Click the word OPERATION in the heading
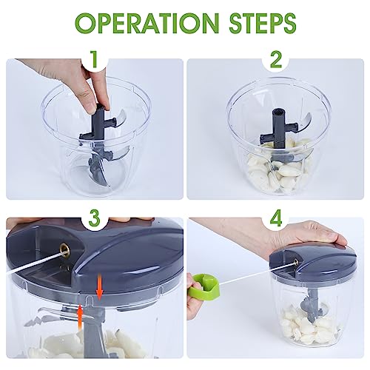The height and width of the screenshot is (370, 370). point(147,24)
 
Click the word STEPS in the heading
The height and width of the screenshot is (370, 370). point(263,24)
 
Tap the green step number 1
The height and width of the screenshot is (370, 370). point(95,59)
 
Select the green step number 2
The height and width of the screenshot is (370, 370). point(275,59)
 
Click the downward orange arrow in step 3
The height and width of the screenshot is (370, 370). point(99,286)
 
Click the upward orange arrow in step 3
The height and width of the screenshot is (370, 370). point(79,317)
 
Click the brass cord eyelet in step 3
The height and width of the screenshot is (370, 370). point(65,248)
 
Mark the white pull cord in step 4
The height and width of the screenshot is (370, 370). point(257,275)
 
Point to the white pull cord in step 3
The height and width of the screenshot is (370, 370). point(35,260)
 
